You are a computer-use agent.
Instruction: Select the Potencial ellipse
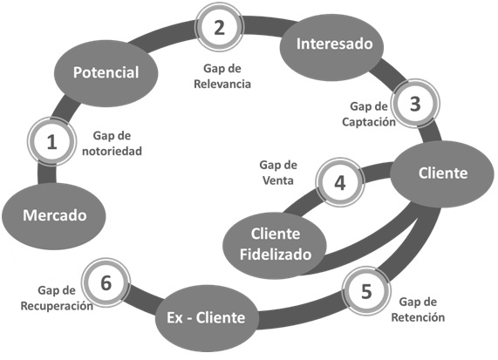(x=106, y=71)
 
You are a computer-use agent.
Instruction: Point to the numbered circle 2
(x=220, y=26)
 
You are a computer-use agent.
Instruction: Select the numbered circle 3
(x=415, y=104)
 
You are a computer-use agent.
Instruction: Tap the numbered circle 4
(x=340, y=183)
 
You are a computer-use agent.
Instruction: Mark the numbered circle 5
(x=366, y=291)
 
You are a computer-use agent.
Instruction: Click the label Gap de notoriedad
(x=116, y=143)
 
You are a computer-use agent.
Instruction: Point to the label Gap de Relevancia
(x=221, y=77)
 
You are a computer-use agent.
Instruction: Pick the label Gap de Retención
(x=415, y=309)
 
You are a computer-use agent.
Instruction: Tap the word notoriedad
(x=116, y=151)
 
